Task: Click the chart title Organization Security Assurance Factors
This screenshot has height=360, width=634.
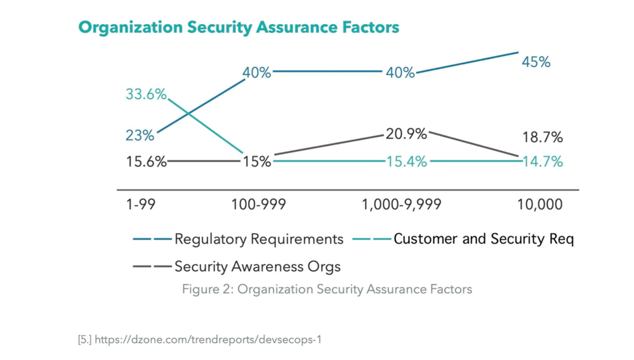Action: (238, 27)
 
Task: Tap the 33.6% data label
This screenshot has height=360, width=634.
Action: (146, 95)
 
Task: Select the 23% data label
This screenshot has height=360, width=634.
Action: (140, 135)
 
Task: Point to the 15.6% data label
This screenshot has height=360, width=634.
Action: (146, 161)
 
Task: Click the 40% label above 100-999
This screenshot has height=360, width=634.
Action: (256, 72)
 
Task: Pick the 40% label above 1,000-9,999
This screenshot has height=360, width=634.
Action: (400, 72)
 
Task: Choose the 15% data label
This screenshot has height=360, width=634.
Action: (256, 161)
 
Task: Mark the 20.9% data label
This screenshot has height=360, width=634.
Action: (406, 135)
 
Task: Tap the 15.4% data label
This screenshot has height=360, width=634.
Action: (406, 161)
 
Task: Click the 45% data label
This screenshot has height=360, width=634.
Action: (536, 62)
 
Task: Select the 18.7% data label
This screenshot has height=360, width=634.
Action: (542, 138)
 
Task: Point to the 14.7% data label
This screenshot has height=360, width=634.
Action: (542, 161)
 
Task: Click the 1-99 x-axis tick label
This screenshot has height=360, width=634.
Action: (140, 204)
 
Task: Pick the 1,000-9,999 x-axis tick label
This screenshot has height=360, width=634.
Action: (402, 204)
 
